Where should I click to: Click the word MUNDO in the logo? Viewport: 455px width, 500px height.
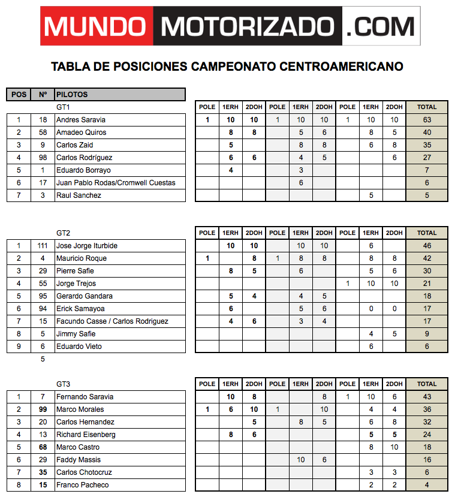[x=95, y=26]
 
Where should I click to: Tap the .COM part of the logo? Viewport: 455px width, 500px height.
[x=381, y=26]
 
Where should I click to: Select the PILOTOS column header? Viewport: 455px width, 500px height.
[x=72, y=94]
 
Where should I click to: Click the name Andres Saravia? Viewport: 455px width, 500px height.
[x=76, y=120]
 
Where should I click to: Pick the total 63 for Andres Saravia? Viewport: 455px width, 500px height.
[x=427, y=120]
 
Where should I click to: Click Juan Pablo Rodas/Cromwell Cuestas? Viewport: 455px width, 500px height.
[x=116, y=183]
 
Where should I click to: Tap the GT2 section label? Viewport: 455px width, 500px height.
[x=64, y=233]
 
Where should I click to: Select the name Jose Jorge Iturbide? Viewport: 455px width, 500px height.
[x=86, y=246]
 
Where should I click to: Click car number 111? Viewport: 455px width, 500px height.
[x=43, y=246]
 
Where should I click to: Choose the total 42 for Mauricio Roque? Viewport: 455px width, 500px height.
[x=427, y=258]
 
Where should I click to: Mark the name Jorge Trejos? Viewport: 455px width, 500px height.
[x=76, y=284]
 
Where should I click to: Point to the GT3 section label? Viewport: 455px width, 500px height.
[x=64, y=384]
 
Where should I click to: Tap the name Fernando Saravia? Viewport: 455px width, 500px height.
[x=85, y=397]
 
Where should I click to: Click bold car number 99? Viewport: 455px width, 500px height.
[x=43, y=409]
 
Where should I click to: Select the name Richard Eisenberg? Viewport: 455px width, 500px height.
[x=86, y=435]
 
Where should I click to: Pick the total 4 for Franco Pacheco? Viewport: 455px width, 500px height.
[x=427, y=485]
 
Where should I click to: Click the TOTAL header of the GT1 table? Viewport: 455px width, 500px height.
[x=427, y=107]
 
